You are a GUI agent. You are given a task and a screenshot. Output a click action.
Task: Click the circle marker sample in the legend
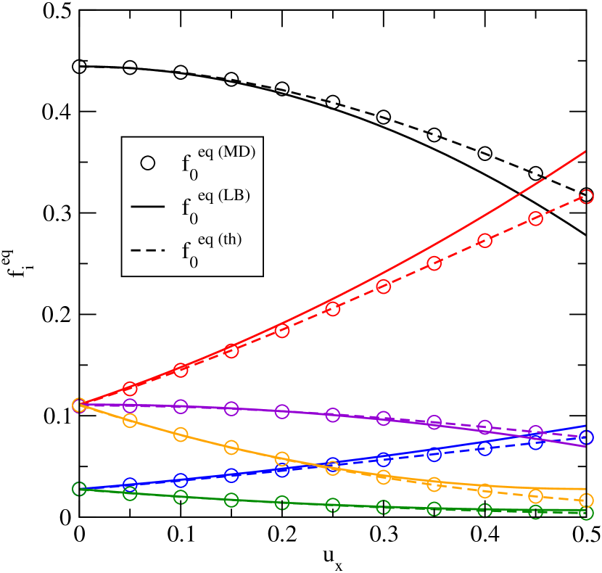[148, 163]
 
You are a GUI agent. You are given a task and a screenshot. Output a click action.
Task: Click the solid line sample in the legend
[148, 207]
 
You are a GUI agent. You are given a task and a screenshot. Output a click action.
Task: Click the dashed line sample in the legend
[148, 251]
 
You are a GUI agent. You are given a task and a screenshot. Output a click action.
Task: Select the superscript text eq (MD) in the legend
[226, 152]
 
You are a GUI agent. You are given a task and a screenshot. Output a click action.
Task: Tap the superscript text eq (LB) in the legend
[223, 196]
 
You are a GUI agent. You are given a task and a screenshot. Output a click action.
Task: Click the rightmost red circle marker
[586, 197]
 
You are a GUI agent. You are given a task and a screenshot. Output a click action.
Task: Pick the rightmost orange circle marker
[586, 500]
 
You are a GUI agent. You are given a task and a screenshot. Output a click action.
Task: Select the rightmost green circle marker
[586, 513]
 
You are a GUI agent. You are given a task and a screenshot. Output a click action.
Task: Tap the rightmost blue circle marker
[586, 437]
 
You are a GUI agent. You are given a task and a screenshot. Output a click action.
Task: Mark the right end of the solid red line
[585, 152]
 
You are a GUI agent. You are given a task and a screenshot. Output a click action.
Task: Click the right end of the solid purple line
[585, 446]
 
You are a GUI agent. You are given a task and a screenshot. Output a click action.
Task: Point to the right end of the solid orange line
[585, 489]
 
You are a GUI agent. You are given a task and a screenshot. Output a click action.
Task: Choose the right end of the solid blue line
[585, 426]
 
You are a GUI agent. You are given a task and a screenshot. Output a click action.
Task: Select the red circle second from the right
[535, 218]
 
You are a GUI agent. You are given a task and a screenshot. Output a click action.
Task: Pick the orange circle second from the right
[535, 496]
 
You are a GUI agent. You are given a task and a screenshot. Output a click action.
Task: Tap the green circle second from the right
[535, 512]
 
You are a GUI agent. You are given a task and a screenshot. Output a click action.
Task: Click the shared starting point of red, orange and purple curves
[79, 405]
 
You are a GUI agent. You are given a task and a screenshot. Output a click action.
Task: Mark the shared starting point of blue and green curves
[79, 489]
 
